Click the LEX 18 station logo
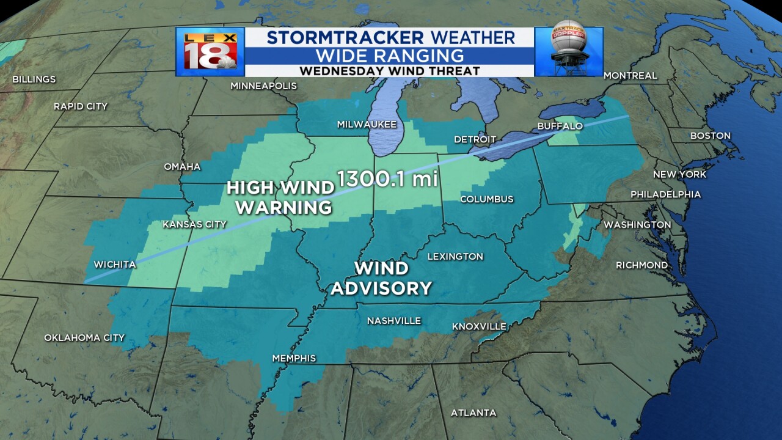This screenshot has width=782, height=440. (x=210, y=51)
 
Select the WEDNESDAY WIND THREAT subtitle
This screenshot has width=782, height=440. (x=389, y=71)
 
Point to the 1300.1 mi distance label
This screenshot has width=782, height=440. (x=389, y=180)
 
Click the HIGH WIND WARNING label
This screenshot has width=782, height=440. (x=280, y=197)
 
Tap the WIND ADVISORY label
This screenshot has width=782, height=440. (x=382, y=278)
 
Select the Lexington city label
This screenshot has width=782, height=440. (x=455, y=257)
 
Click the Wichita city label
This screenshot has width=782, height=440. (x=115, y=265)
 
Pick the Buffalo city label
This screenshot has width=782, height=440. (x=560, y=126)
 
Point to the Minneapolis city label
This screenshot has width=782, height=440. (x=263, y=86)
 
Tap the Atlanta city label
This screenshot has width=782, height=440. (x=473, y=413)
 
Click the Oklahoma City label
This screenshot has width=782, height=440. (x=84, y=337)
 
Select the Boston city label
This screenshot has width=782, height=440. (x=710, y=136)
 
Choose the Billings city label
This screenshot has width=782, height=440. (x=34, y=79)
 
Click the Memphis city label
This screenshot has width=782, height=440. (x=294, y=358)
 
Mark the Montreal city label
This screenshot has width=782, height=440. (x=630, y=76)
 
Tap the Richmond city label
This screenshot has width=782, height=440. (x=641, y=265)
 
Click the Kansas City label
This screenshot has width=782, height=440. (x=194, y=224)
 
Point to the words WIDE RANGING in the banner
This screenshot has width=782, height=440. (x=389, y=55)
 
